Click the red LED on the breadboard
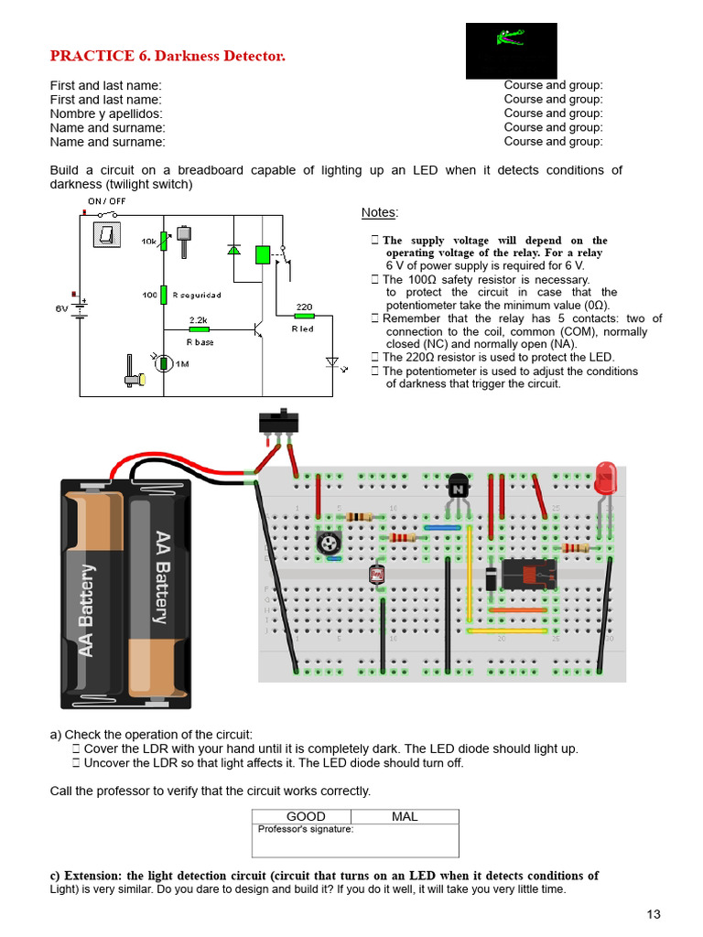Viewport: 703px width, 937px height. tap(605, 479)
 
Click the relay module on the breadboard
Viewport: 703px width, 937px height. tap(529, 575)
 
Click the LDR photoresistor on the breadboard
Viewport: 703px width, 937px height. tap(375, 576)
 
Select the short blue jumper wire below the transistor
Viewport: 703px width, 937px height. tap(442, 527)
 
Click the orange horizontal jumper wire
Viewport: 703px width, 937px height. tap(517, 609)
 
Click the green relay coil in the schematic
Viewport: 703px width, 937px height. tap(263, 254)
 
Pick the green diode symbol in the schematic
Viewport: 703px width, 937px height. tap(233, 249)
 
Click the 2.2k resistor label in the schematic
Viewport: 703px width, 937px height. tap(199, 320)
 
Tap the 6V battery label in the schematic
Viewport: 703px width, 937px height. tap(62, 308)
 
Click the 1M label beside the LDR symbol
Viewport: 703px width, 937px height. tap(182, 364)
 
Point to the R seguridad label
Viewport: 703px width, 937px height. tap(196, 295)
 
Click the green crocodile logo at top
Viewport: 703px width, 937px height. tap(510, 38)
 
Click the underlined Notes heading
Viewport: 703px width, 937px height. tap(379, 212)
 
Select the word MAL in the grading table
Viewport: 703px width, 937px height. tap(404, 816)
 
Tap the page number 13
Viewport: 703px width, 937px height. tap(653, 913)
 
